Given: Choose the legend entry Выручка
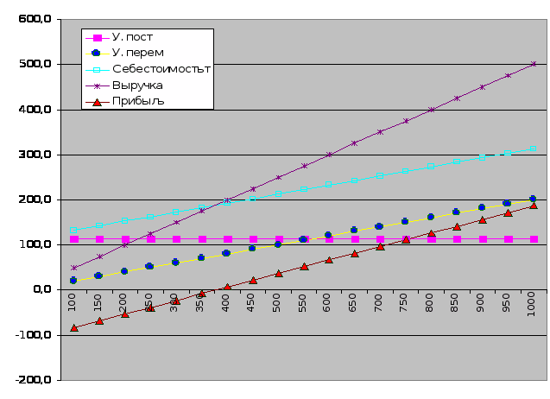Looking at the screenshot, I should [x=137, y=85].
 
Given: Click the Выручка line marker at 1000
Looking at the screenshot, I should [x=534, y=64].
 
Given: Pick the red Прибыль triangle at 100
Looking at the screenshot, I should [x=74, y=327].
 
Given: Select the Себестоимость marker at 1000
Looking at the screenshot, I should [x=534, y=149].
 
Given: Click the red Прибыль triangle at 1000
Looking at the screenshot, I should [x=534, y=206].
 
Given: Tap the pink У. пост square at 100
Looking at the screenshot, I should [x=74, y=239].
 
